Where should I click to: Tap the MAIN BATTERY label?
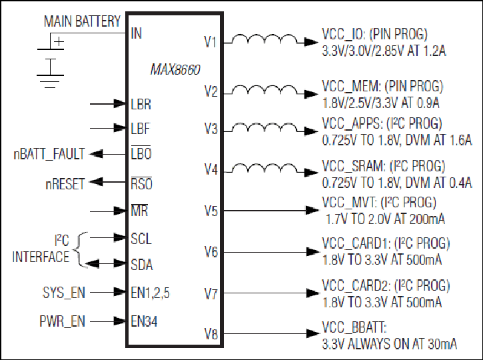tap(82, 21)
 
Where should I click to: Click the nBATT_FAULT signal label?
tap(49, 155)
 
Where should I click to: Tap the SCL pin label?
tap(142, 237)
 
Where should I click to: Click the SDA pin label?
tap(142, 265)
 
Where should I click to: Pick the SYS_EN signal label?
tap(63, 291)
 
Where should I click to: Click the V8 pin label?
tap(211, 333)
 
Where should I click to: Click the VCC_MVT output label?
tap(350, 202)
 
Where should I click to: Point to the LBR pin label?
tap(141, 104)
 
